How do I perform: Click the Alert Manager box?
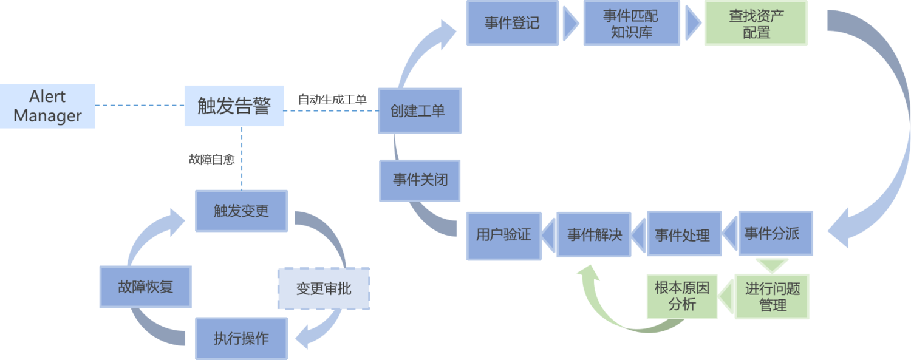click(47, 106)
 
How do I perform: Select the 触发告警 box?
click(234, 106)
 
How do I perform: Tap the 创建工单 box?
click(420, 110)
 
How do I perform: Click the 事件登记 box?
click(512, 23)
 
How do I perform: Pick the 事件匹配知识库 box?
click(631, 23)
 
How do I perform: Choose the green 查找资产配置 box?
click(756, 23)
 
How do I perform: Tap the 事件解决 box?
click(594, 234)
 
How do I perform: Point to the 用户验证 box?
click(503, 234)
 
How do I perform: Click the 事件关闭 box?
click(420, 180)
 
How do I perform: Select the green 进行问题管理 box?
click(772, 296)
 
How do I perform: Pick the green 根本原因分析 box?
click(681, 296)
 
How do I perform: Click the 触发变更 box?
click(241, 211)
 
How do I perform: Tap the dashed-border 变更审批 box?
click(323, 288)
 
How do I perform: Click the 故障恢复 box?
click(145, 286)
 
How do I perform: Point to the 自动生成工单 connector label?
click(332, 100)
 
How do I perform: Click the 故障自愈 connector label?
click(211, 160)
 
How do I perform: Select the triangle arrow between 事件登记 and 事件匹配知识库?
click(570, 23)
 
